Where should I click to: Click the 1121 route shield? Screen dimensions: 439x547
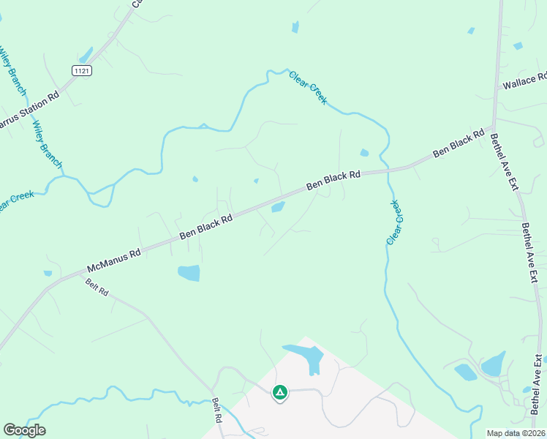point(82,70)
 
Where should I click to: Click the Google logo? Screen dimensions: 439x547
point(24,430)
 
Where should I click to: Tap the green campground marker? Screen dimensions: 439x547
point(279,393)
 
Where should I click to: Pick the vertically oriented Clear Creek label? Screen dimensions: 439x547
point(395,222)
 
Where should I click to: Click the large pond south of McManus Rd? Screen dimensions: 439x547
point(189,273)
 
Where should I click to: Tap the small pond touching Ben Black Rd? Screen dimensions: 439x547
point(278,207)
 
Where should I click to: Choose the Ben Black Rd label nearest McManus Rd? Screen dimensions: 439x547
point(206,226)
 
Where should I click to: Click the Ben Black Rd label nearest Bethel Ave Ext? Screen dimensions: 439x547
point(459,144)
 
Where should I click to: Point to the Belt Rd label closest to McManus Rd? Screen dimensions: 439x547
point(97,287)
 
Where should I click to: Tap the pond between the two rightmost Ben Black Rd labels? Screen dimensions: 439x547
point(364,153)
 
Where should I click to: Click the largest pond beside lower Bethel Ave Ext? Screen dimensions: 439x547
point(494,362)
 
